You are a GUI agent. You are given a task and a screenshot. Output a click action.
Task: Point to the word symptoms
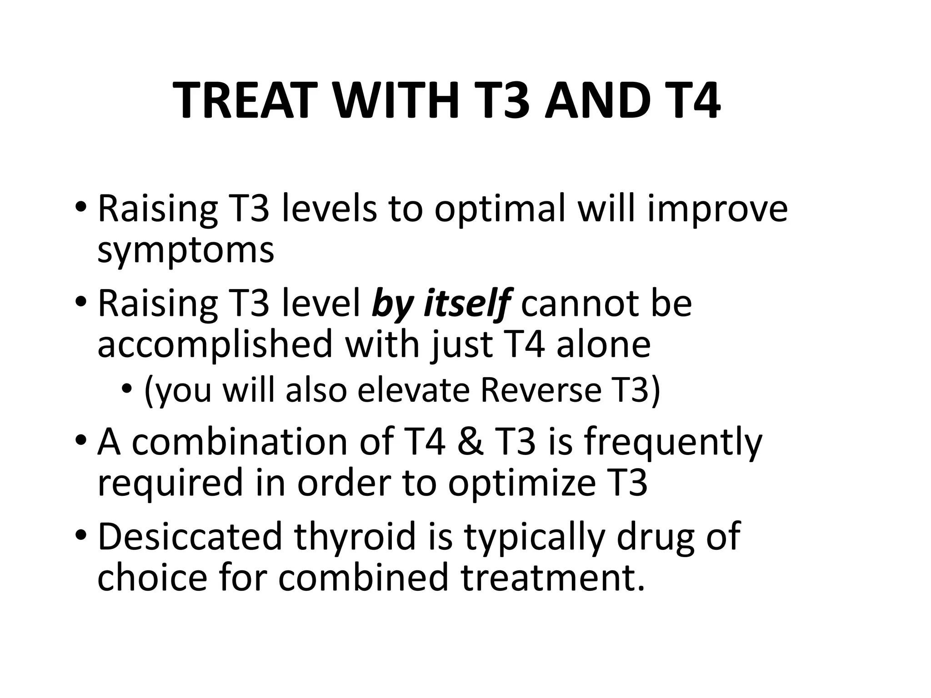pos(186,251)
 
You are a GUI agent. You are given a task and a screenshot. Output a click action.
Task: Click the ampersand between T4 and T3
pos(471,442)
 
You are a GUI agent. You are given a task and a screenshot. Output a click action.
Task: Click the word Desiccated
pos(190,537)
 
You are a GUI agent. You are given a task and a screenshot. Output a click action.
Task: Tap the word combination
pos(240,442)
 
